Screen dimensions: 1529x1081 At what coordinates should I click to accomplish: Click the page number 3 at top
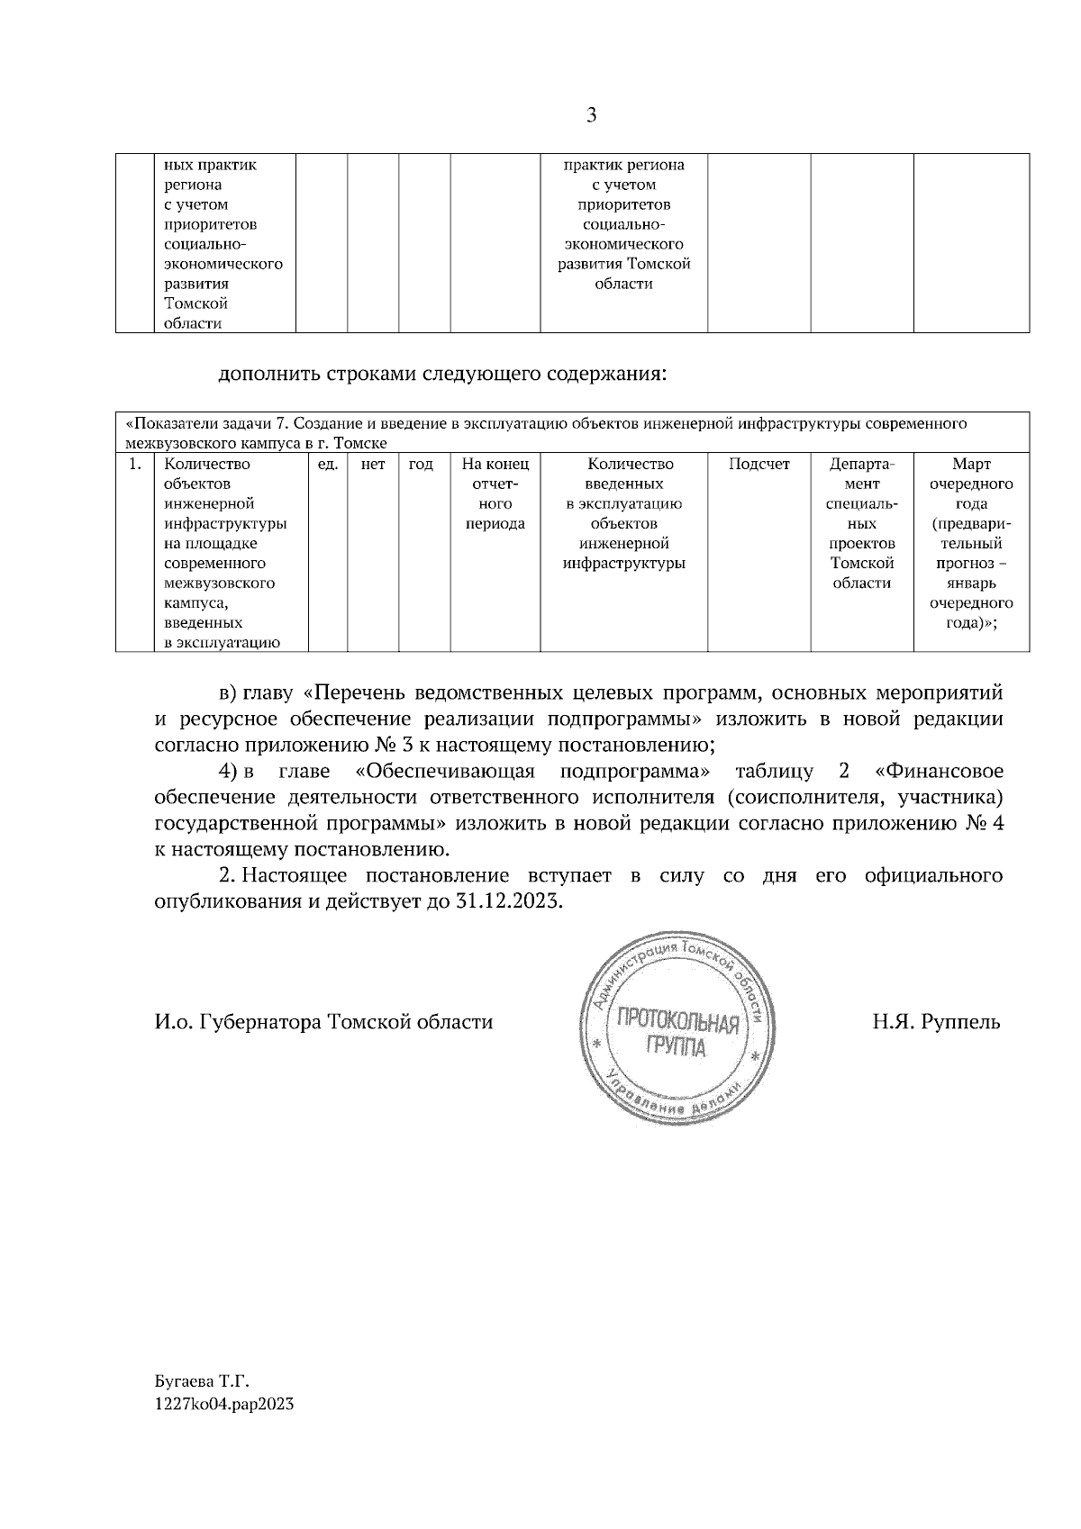tap(591, 115)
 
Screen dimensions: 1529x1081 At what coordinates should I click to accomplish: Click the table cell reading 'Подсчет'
tap(759, 465)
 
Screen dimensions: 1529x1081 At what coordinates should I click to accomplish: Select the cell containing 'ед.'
tap(328, 465)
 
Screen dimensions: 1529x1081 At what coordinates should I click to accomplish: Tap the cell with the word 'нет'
tap(373, 465)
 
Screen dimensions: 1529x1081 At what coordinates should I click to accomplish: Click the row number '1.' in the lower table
tap(134, 465)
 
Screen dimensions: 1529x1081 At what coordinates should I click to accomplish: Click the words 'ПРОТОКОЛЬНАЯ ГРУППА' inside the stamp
tap(677, 1034)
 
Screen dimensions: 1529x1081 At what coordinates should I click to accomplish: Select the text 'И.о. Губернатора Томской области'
tap(323, 1022)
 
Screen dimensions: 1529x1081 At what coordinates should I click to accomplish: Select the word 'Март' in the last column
tap(970, 465)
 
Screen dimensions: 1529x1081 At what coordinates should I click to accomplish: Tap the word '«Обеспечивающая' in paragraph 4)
tap(445, 772)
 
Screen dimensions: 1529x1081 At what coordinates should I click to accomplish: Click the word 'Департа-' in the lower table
tap(862, 465)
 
